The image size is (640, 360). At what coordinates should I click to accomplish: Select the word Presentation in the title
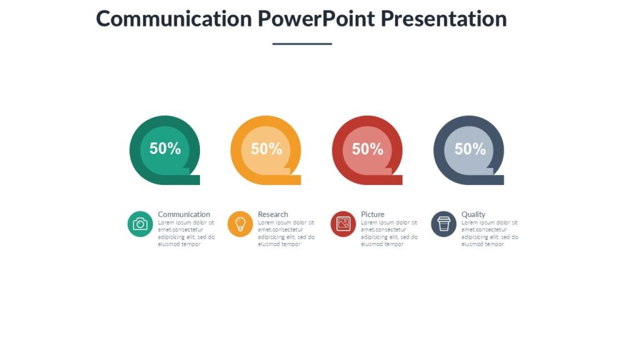(443, 19)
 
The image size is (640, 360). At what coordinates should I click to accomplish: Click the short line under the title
(302, 44)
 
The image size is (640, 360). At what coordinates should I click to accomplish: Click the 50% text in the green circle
(165, 149)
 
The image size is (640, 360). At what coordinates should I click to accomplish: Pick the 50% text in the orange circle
(266, 149)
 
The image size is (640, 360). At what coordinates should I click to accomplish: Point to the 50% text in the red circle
(367, 149)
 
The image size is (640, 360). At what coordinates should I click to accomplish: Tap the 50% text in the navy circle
(470, 149)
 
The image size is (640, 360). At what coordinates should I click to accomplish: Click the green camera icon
(140, 224)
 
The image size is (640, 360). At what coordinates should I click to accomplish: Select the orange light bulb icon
(240, 224)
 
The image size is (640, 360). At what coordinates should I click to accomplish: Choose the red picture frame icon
(343, 224)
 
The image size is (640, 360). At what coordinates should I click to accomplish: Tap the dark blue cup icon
(444, 224)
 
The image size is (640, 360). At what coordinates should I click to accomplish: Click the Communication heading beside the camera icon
(184, 214)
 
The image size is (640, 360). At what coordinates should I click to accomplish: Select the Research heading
(273, 214)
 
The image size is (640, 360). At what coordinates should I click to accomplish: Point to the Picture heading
(372, 214)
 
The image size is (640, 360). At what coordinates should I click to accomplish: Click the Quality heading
(473, 214)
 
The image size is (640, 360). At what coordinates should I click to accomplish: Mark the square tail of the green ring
(193, 180)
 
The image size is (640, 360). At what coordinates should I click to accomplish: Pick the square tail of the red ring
(396, 180)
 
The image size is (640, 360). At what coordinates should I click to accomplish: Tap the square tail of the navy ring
(497, 180)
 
